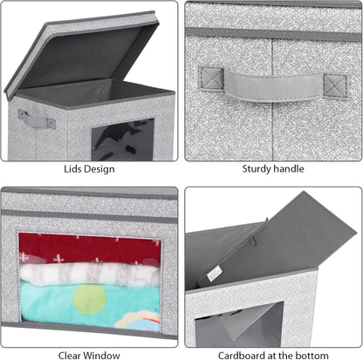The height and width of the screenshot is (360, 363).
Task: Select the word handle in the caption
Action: [x=289, y=168]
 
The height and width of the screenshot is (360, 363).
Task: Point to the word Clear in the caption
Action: [x=70, y=356]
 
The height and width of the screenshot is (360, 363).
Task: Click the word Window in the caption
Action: [x=102, y=356]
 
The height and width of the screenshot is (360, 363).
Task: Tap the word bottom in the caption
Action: [x=312, y=356]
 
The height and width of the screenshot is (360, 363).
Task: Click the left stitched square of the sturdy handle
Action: [x=211, y=78]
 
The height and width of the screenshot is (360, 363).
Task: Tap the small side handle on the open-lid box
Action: [x=37, y=119]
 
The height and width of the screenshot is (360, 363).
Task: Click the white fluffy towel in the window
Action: [x=90, y=274]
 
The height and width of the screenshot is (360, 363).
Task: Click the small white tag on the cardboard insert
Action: [x=214, y=274]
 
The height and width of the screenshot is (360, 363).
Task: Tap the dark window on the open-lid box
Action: [x=123, y=139]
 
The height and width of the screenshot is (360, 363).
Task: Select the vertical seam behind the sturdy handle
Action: [x=272, y=98]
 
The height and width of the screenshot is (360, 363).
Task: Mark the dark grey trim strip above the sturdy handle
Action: [x=273, y=35]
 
